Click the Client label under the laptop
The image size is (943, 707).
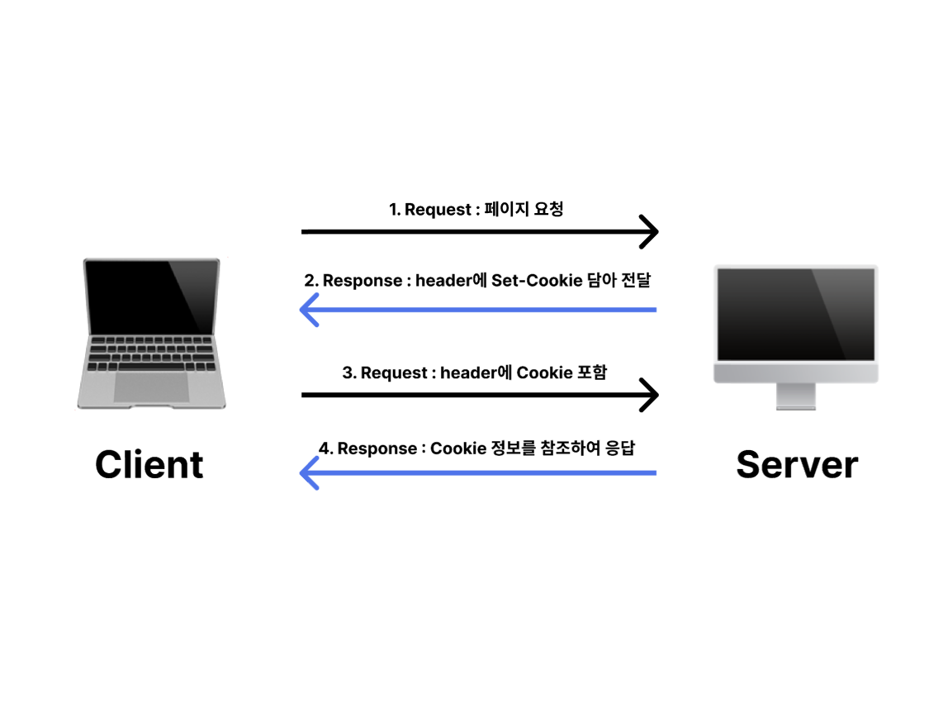(149, 464)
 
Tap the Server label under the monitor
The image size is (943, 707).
(796, 464)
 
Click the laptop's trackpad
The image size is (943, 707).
(151, 387)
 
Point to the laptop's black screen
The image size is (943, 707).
(151, 296)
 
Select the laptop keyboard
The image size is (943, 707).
(150, 353)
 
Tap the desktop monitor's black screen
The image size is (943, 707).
(795, 314)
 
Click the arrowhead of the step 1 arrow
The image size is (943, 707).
(650, 231)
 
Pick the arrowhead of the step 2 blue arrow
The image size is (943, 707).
(309, 310)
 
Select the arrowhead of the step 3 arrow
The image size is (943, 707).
(650, 395)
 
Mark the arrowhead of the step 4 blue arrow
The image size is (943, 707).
(309, 473)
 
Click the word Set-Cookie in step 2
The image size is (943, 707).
(525, 280)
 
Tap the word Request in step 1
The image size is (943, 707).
(438, 210)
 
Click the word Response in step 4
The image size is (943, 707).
(377, 448)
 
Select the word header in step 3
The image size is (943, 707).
(468, 373)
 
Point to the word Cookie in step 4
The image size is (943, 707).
(458, 448)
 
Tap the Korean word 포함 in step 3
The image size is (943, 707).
(591, 373)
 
